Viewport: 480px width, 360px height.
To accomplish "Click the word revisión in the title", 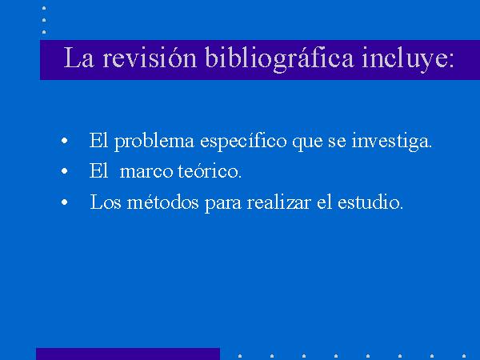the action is [x=149, y=58].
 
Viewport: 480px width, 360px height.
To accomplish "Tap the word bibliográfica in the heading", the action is [x=279, y=59].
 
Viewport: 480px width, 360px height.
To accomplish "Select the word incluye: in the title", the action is [x=407, y=59].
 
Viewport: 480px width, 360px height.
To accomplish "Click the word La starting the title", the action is [x=78, y=58].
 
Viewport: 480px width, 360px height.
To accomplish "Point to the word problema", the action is [x=154, y=142].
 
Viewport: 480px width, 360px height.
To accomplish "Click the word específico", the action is [x=243, y=142].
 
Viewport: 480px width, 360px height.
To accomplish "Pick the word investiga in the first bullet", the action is [x=391, y=142].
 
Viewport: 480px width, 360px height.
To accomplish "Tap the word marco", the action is [x=146, y=172].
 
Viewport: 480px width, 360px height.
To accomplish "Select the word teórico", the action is [x=210, y=171].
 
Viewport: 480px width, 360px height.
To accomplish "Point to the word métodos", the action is [x=162, y=202].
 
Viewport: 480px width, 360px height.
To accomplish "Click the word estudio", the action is [x=370, y=202].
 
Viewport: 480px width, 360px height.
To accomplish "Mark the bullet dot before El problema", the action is [x=64, y=141].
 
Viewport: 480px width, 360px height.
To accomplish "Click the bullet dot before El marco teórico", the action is [x=64, y=171].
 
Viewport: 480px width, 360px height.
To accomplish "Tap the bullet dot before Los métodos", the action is [x=64, y=202].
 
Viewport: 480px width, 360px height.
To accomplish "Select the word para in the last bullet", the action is [x=223, y=204].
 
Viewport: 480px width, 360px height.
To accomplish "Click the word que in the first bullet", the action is [x=307, y=143].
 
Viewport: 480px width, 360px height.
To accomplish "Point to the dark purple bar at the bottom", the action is [x=128, y=354].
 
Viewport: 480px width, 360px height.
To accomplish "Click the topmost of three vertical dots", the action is [x=44, y=8].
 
